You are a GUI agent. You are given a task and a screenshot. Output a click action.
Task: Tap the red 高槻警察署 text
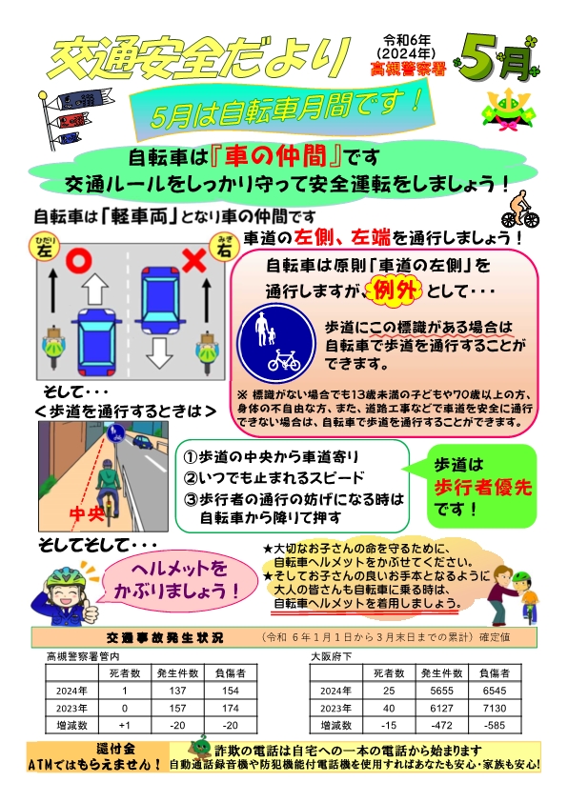pyautogui.click(x=408, y=69)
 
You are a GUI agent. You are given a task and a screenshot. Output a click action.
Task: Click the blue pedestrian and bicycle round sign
pyautogui.click(x=276, y=340)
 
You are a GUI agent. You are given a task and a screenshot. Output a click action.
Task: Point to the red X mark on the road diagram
pyautogui.click(x=195, y=261)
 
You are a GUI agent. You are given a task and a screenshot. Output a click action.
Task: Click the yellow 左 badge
pyautogui.click(x=45, y=248)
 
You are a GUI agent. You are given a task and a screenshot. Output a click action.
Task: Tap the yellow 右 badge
pyautogui.click(x=225, y=248)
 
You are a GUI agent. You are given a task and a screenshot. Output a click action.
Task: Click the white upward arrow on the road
pyautogui.click(x=94, y=288)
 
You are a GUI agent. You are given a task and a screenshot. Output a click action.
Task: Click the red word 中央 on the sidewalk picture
pyautogui.click(x=87, y=512)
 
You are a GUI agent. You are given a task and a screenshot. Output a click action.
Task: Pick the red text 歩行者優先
pyautogui.click(x=482, y=487)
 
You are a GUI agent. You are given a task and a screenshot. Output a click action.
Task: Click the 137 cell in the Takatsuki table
pyautogui.click(x=177, y=691)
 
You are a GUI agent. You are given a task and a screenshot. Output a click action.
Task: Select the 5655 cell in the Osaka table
pyautogui.click(x=441, y=691)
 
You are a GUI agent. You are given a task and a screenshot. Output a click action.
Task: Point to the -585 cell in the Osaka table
pyautogui.click(x=495, y=725)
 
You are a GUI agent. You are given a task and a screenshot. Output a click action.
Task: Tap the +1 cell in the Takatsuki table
pyautogui.click(x=124, y=725)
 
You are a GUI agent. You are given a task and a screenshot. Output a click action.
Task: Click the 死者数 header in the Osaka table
pyautogui.click(x=389, y=673)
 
